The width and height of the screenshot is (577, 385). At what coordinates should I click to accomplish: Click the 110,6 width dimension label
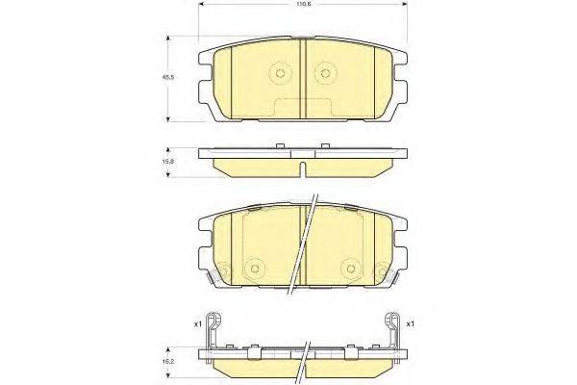pyautogui.click(x=304, y=7)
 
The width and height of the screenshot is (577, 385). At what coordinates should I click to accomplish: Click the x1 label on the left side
pyautogui.click(x=197, y=323)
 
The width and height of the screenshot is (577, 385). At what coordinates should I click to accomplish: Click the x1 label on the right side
pyautogui.click(x=411, y=323)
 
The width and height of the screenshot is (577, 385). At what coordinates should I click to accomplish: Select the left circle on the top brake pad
pyautogui.click(x=281, y=72)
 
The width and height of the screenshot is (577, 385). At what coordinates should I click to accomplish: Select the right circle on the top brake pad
pyautogui.click(x=326, y=72)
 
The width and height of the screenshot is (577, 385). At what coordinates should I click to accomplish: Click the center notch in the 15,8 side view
pyautogui.click(x=304, y=169)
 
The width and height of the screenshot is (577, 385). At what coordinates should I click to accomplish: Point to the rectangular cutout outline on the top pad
pyautogui.click(x=304, y=109)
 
